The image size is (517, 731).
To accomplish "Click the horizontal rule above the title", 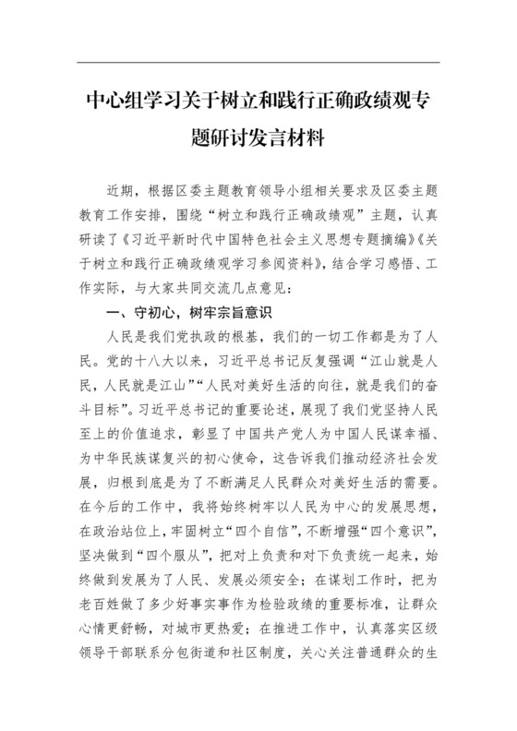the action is click(258, 64).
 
